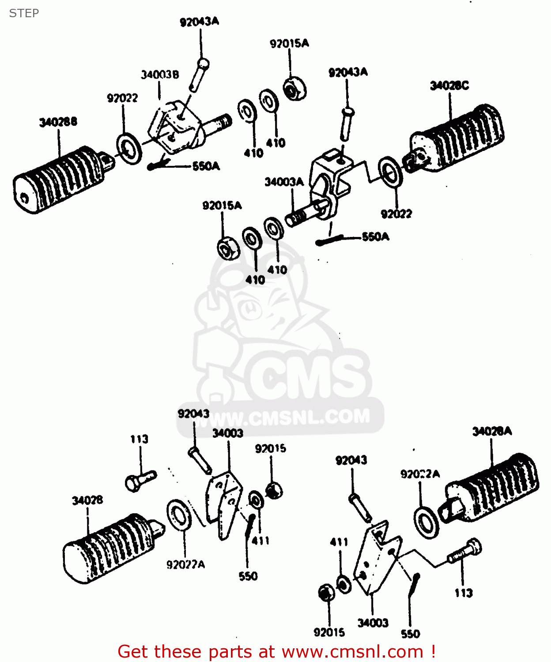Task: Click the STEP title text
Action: (24, 13)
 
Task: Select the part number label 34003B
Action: (160, 75)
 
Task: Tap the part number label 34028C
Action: (449, 86)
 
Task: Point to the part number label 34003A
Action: (284, 182)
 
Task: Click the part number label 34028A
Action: (492, 431)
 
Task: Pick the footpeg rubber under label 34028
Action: (110, 547)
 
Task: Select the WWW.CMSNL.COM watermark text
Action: (283, 417)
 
